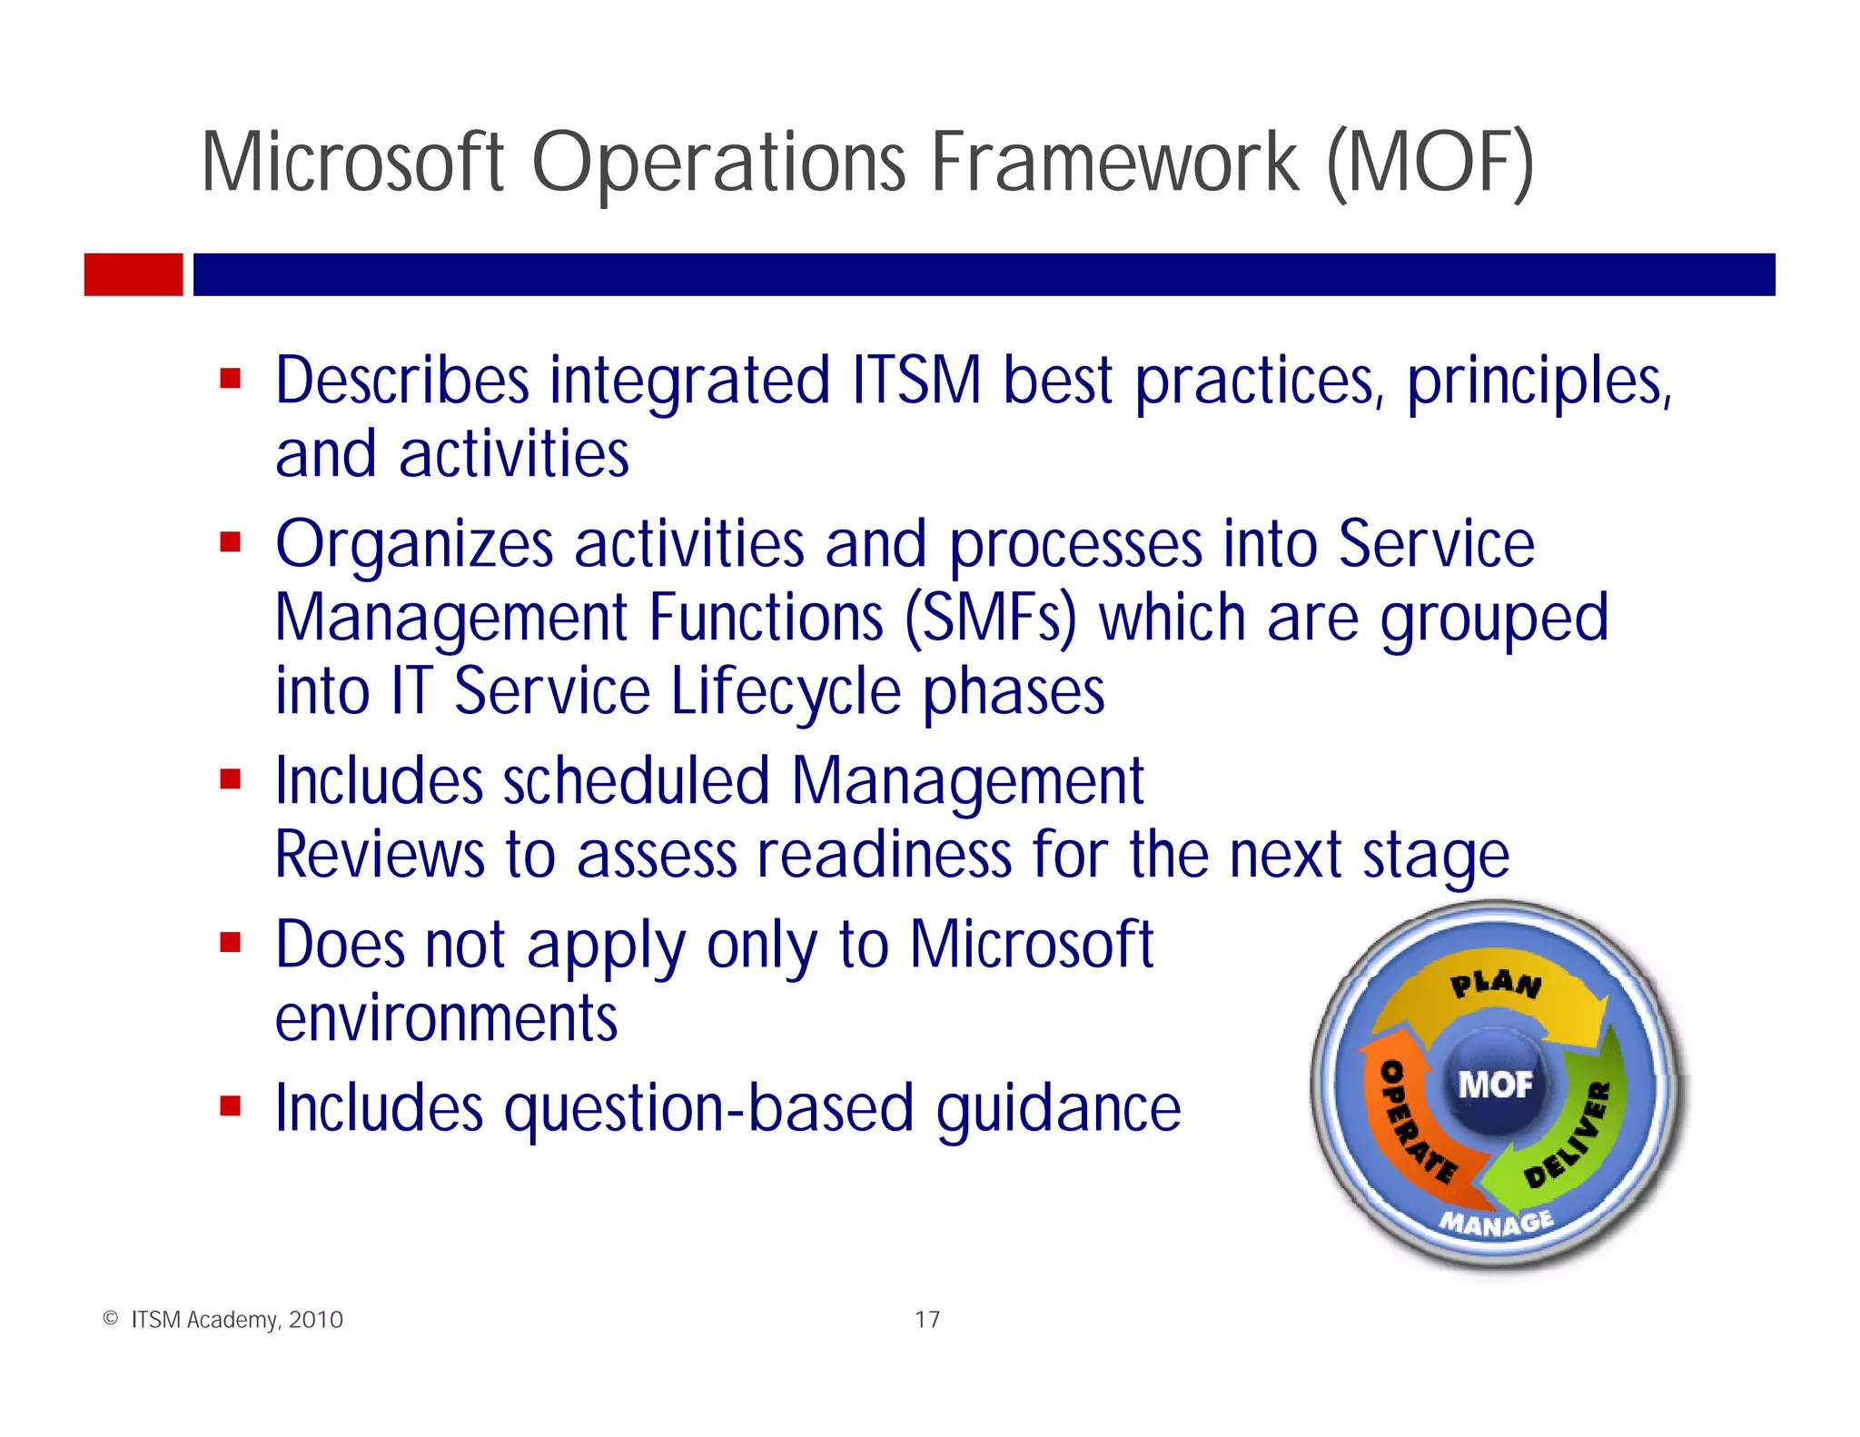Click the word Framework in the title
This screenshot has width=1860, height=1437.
tap(1114, 164)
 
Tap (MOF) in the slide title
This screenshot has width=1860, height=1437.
tap(1430, 164)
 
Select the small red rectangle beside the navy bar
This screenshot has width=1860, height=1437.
tap(134, 274)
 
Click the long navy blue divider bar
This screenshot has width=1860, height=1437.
tap(984, 274)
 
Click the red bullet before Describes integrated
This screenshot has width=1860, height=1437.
tap(231, 378)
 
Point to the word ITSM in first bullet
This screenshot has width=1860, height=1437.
tap(916, 380)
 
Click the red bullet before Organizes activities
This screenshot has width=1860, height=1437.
tap(231, 542)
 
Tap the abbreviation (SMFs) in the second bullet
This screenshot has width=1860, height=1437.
tap(990, 619)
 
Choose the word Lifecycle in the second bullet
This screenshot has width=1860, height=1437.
tap(786, 692)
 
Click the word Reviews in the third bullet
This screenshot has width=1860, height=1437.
tap(380, 855)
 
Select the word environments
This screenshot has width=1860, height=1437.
tap(446, 1018)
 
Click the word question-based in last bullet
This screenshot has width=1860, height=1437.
tap(708, 1109)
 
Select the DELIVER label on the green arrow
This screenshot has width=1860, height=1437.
tap(1569, 1135)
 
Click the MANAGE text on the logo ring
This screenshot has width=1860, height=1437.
tap(1496, 1223)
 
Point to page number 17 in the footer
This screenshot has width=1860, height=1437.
tap(927, 1320)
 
